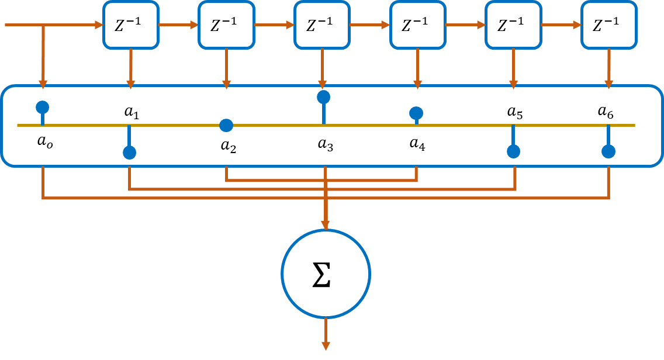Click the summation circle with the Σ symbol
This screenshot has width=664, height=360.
tap(326, 274)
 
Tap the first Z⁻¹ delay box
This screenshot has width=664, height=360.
tap(131, 25)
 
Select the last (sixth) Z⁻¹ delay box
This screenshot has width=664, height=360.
tap(608, 25)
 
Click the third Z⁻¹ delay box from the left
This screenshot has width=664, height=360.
tap(321, 25)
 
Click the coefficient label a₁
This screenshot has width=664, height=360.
tap(132, 112)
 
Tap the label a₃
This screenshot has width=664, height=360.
tap(326, 144)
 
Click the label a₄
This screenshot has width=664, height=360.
tap(417, 144)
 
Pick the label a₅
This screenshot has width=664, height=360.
tap(515, 112)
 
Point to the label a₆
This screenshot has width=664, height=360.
tap(606, 112)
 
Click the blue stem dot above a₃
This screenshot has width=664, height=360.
tap(323, 96)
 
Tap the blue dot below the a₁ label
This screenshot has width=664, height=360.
tap(130, 153)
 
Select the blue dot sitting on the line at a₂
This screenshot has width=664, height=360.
tap(226, 125)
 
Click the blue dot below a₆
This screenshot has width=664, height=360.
tap(608, 151)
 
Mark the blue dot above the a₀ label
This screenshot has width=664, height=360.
tap(42, 107)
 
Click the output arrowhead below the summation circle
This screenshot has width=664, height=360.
tap(326, 346)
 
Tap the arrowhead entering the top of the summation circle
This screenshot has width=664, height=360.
tap(326, 225)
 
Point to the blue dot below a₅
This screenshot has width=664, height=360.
tap(513, 151)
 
